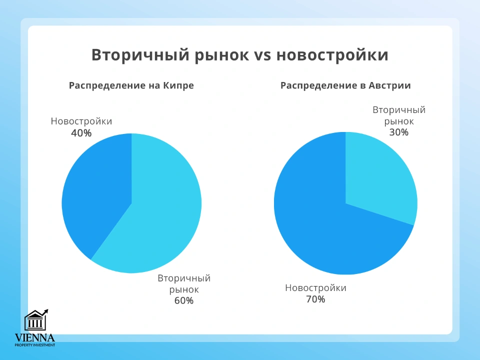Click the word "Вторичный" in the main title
click(x=129, y=55)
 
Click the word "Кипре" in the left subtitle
click(x=178, y=85)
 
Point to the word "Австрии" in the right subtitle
click(x=390, y=85)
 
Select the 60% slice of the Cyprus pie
click(x=160, y=210)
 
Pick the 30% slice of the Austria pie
click(x=380, y=175)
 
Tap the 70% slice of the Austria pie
click(x=325, y=225)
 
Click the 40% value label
click(x=81, y=133)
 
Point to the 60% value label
click(x=183, y=300)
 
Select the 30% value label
click(x=399, y=132)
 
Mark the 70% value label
click(x=315, y=299)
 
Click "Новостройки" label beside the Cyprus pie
click(x=81, y=121)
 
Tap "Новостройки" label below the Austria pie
click(x=315, y=288)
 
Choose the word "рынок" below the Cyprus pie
click(x=184, y=289)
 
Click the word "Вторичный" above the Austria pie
click(x=399, y=110)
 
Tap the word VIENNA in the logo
click(x=35, y=337)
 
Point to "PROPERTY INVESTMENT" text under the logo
click(x=35, y=344)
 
